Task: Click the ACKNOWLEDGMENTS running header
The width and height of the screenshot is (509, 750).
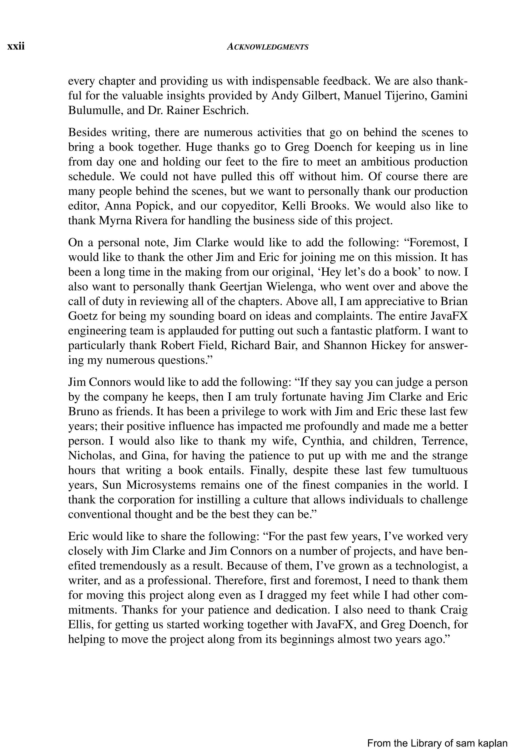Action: (267, 47)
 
